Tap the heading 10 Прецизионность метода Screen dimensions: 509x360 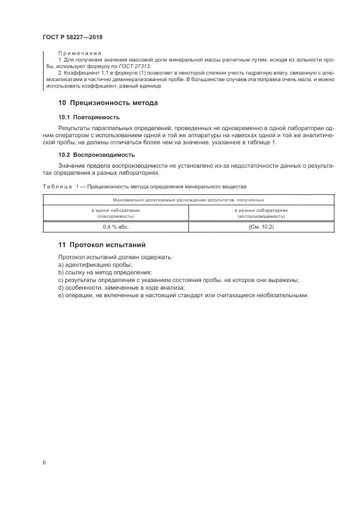[108, 102]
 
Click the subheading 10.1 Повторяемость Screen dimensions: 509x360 [89, 117]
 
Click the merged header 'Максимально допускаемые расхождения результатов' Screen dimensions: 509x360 [188, 200]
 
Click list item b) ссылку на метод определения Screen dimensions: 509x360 [105, 272]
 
